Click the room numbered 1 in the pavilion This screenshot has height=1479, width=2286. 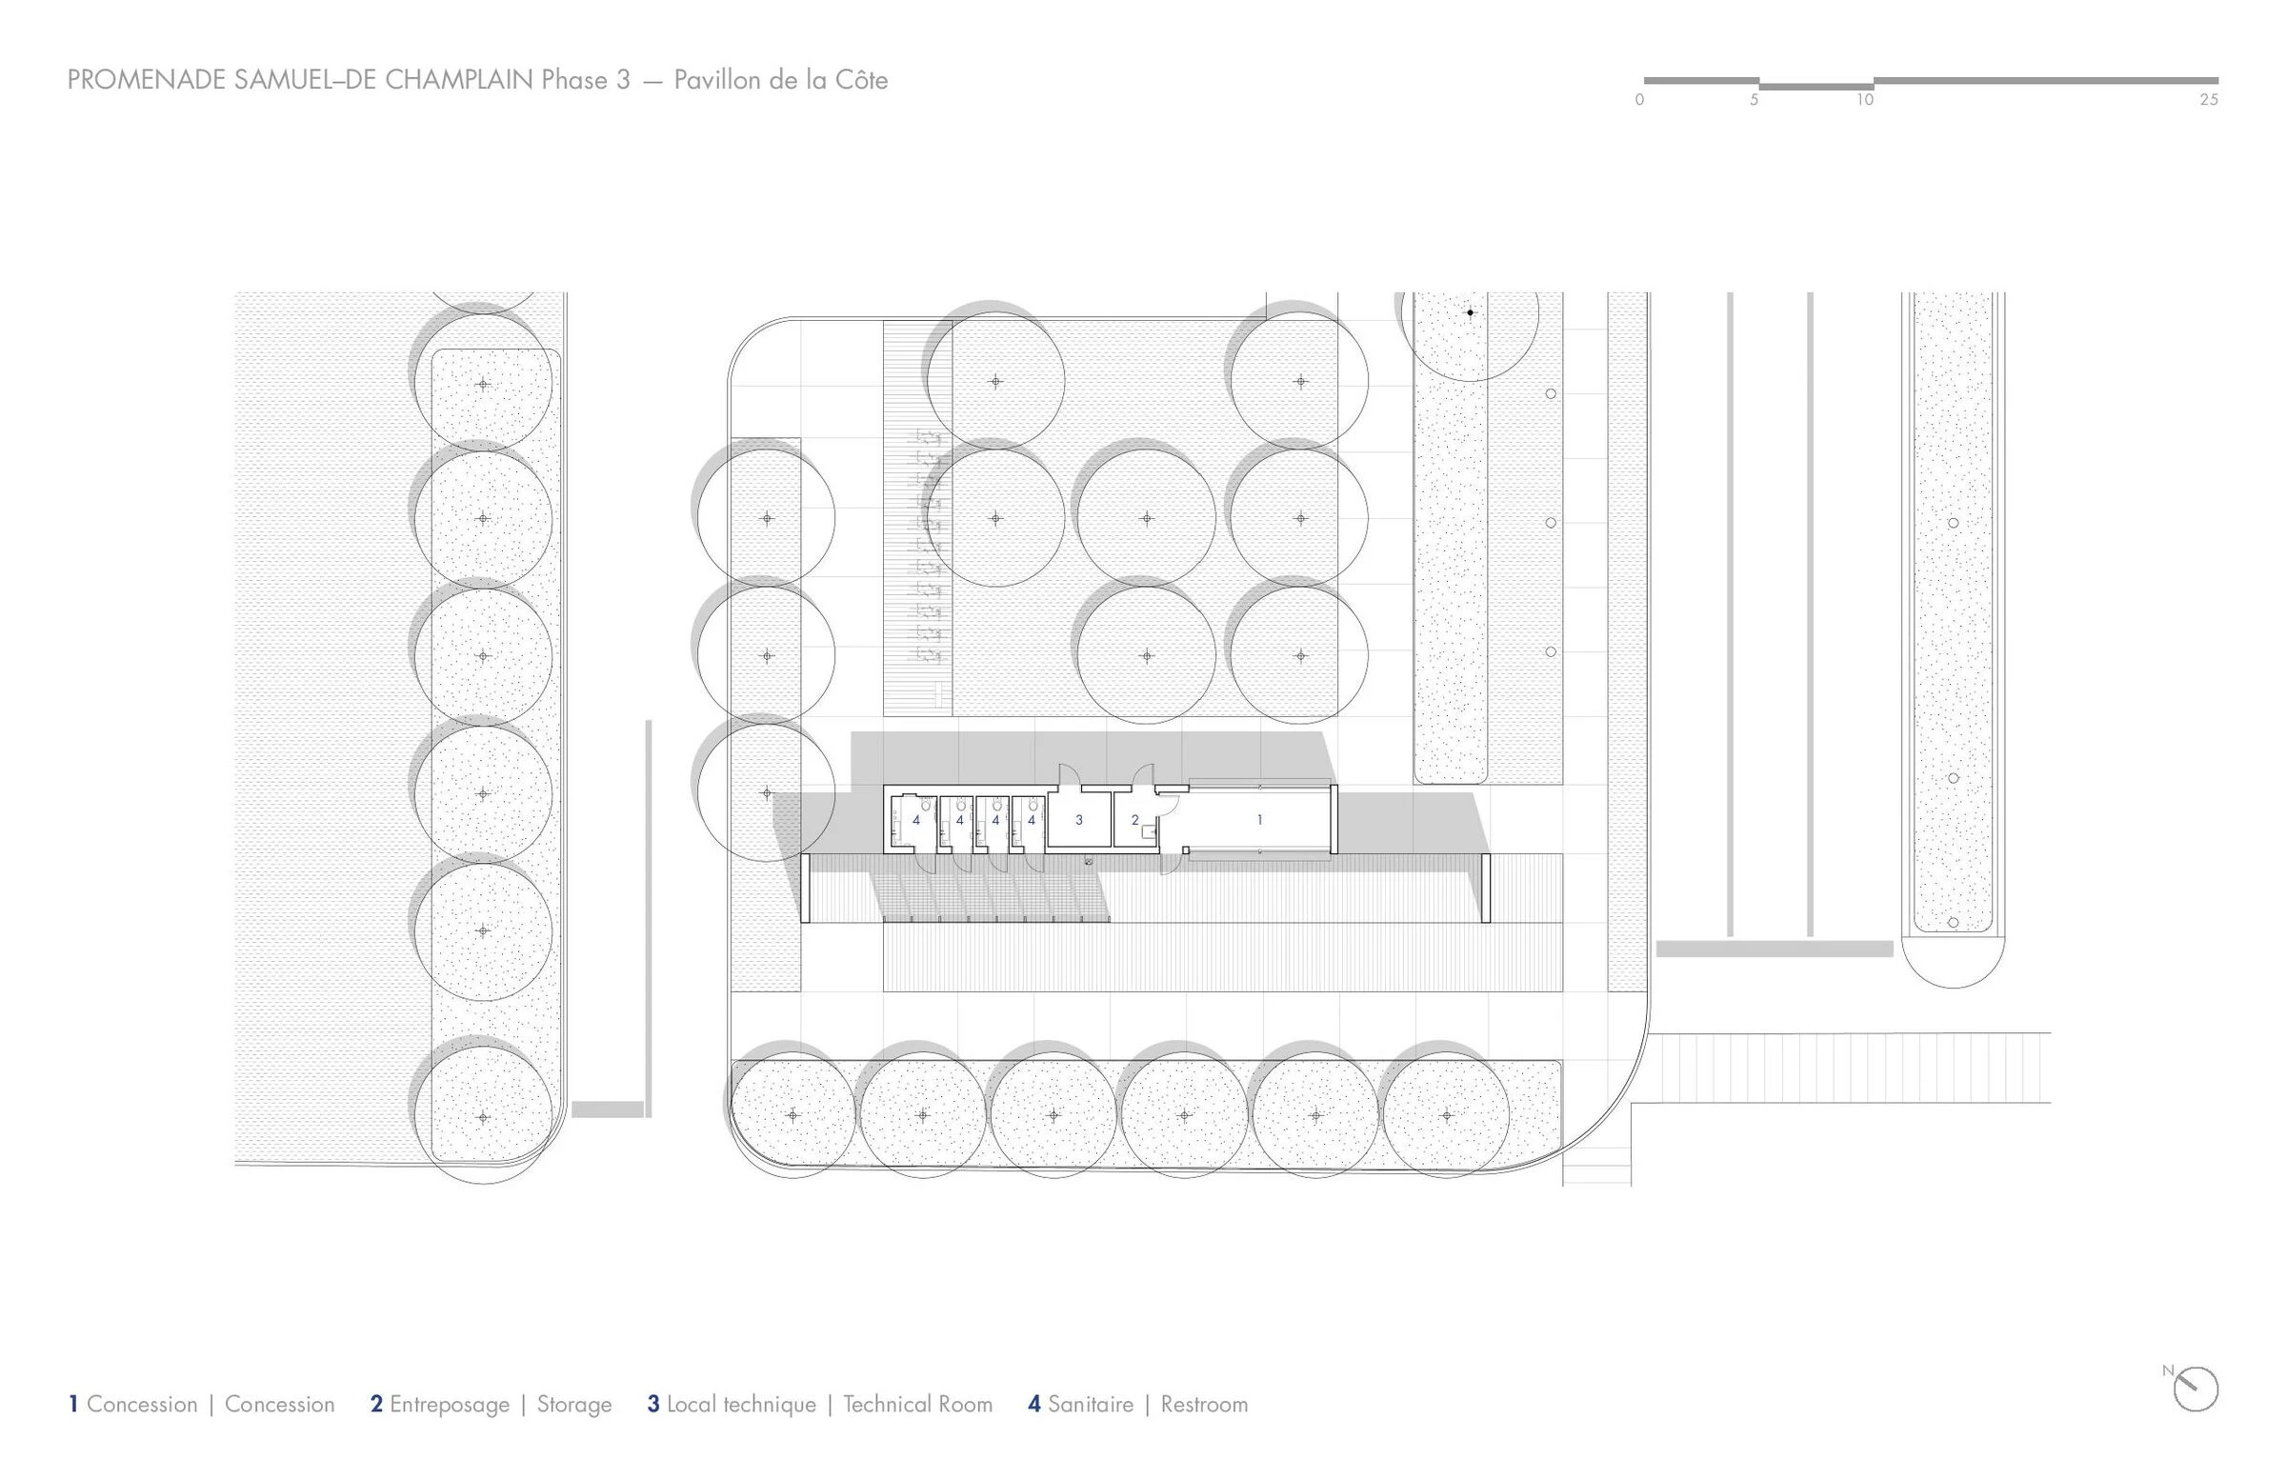tap(1258, 820)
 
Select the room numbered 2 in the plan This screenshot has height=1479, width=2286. tap(1134, 820)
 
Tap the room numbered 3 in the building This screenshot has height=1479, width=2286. tap(1078, 820)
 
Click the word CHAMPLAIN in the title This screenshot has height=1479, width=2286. tap(458, 80)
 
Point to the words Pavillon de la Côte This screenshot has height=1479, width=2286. tap(780, 80)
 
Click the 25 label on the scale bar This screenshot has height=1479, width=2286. tap(2208, 100)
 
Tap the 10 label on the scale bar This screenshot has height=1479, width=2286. tap(1864, 100)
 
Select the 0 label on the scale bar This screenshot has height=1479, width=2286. tap(1639, 100)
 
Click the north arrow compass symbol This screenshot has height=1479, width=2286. tap(2196, 1389)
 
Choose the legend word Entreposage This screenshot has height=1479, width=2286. tap(449, 1404)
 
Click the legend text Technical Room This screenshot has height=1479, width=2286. tap(917, 1404)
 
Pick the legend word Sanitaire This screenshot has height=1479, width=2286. tap(1091, 1404)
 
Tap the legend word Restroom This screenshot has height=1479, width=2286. tap(1204, 1404)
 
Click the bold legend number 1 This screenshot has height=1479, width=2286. tap(73, 1404)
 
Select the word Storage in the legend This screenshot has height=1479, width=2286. tap(573, 1404)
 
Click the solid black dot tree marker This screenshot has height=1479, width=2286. tap(1470, 312)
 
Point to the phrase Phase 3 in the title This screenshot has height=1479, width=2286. tap(585, 80)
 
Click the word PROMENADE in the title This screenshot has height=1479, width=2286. tap(147, 80)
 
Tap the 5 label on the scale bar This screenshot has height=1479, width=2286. tap(1753, 100)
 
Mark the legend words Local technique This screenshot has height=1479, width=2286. tap(740, 1404)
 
